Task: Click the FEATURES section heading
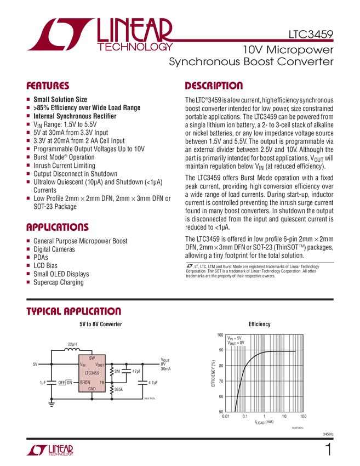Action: click(x=48, y=86)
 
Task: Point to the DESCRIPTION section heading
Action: click(x=214, y=86)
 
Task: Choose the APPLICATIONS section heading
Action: click(x=57, y=227)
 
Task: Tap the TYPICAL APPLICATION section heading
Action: click(x=73, y=311)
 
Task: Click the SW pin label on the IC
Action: click(x=92, y=357)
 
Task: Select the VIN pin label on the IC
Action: click(x=83, y=365)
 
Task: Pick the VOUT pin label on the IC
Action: click(x=100, y=365)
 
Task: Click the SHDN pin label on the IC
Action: click(x=85, y=382)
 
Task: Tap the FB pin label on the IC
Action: click(x=102, y=382)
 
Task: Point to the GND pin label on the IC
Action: click(x=92, y=389)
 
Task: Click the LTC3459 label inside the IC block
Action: click(x=92, y=373)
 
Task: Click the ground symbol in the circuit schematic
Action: click(x=52, y=406)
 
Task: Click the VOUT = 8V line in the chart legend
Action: click(x=237, y=343)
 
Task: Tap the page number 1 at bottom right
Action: click(x=329, y=451)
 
